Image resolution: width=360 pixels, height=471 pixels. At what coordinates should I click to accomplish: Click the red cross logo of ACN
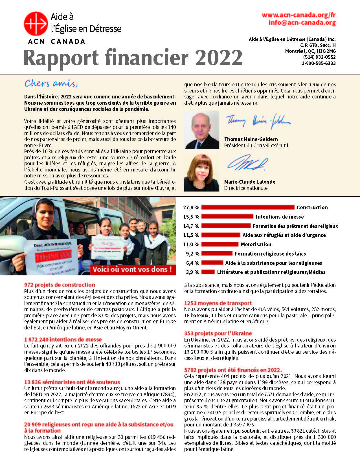36,24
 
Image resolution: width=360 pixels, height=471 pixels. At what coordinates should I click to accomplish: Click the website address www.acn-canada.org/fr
298,15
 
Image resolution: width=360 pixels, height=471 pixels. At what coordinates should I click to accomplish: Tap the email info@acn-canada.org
302,23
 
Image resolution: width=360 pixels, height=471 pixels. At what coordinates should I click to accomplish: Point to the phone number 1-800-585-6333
319,63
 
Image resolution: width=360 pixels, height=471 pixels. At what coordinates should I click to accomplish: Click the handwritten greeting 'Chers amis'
51,83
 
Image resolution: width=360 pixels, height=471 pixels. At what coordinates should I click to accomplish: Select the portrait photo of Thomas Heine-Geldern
201,130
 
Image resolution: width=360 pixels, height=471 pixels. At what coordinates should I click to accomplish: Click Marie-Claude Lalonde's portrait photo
201,173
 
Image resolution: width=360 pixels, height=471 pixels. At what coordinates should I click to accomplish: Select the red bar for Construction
248,208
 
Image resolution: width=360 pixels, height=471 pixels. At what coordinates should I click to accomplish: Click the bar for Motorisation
220,245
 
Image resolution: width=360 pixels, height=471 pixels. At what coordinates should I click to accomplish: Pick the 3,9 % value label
192,272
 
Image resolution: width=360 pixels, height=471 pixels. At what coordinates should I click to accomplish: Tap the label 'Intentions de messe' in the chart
280,217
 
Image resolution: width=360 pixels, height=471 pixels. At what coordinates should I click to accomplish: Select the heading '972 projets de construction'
60,285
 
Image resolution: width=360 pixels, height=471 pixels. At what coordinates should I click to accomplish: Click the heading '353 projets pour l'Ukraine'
218,333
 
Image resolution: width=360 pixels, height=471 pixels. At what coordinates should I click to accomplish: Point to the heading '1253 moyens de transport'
218,303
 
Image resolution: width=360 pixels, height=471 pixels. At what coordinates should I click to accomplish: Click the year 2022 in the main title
219,58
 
